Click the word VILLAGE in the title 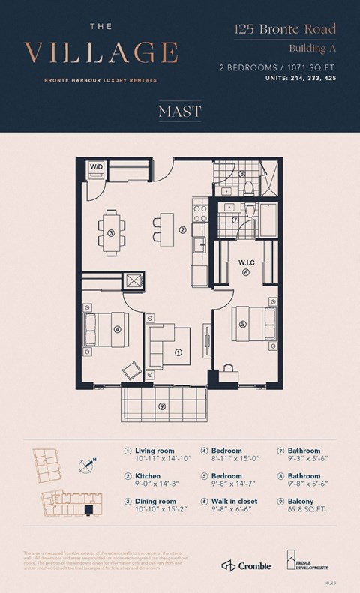tap(101, 53)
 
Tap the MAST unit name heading tap(179, 112)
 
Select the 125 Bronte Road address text tap(283, 30)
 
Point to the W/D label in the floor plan tap(97, 166)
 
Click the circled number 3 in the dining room tap(110, 233)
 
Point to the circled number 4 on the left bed tap(117, 328)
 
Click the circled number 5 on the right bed tap(242, 324)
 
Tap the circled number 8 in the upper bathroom tap(242, 174)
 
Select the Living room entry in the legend tap(153, 451)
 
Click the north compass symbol tap(87, 466)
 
